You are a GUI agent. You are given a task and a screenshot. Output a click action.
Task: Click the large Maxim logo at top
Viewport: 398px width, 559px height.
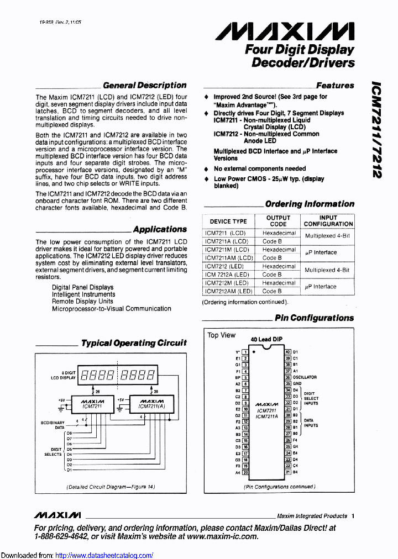pos(284,32)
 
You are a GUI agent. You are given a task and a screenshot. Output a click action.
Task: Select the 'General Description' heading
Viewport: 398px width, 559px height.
pos(145,85)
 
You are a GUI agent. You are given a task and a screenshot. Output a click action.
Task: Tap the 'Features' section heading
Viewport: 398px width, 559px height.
pos(335,86)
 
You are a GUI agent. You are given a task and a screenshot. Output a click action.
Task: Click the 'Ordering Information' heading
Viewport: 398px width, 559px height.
pos(310,204)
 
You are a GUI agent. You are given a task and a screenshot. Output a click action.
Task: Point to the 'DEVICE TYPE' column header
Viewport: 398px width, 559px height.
pos(228,221)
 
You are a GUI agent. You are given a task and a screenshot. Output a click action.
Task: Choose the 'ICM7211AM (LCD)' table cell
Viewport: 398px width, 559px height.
pos(229,258)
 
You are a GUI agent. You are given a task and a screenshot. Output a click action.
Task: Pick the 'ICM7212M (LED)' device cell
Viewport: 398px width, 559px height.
pos(227,283)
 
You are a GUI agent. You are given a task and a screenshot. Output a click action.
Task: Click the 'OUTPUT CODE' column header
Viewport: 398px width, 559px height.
pos(278,221)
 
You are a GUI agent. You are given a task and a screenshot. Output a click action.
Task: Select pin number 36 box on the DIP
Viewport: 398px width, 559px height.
pos(287,377)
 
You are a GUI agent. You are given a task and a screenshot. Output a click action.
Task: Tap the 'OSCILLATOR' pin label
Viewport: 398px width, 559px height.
pos(305,377)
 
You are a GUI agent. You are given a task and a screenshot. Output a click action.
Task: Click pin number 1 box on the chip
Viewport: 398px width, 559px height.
pos(245,352)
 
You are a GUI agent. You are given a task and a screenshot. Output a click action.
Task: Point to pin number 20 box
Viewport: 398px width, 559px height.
pos(245,472)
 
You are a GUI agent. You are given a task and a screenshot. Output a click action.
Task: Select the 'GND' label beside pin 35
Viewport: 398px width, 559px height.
pos(297,383)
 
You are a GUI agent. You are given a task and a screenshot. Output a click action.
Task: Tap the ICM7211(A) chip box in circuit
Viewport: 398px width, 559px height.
pos(151,404)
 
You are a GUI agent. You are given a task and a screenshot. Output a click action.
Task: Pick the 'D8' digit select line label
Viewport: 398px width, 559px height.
pos(69,433)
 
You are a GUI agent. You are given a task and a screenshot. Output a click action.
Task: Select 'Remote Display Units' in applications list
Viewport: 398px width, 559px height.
pos(82,302)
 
